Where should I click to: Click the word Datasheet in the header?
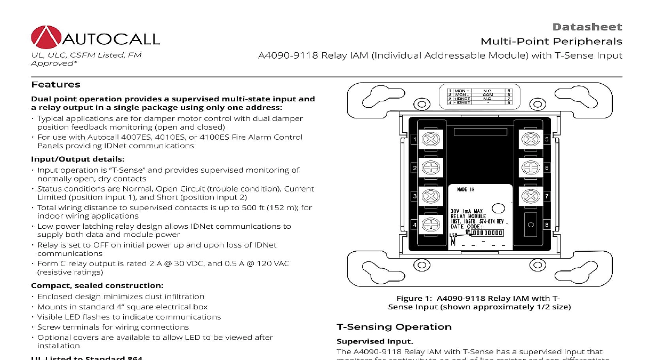587,27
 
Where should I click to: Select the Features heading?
55,85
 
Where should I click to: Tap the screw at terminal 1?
430,140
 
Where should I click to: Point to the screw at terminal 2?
430,168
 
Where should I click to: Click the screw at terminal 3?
430,196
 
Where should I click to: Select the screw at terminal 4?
430,225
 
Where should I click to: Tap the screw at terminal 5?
529,140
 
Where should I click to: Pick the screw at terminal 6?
529,168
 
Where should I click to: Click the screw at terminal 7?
529,196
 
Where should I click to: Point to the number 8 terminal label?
547,225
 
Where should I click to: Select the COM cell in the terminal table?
487,95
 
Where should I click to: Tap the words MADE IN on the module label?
466,190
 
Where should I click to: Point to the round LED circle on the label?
498,209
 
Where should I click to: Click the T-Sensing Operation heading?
394,327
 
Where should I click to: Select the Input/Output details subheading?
78,159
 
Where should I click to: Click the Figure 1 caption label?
414,299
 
